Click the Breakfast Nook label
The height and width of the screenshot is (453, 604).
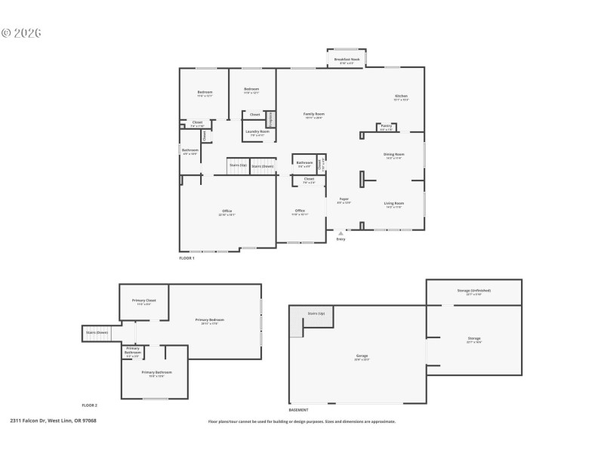tap(347, 59)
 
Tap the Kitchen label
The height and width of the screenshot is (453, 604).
tap(401, 96)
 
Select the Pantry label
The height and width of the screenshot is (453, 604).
tap(386, 126)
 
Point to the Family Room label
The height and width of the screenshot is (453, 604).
tap(313, 114)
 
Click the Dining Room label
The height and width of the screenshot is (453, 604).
tap(394, 155)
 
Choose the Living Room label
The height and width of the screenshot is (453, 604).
tap(394, 203)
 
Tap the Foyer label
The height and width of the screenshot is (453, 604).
tap(344, 199)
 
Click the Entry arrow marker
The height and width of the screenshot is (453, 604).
tap(341, 234)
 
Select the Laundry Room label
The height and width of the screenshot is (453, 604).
tap(259, 131)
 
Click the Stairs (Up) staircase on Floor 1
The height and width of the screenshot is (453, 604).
tap(238, 166)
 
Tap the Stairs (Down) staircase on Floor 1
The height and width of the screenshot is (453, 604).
tap(263, 166)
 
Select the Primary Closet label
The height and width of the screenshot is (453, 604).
tap(144, 301)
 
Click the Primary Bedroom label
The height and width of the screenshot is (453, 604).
tap(209, 320)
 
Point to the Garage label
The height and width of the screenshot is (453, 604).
tap(362, 355)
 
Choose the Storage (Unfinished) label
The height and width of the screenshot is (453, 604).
tap(474, 291)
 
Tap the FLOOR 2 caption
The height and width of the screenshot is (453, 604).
tap(90, 405)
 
